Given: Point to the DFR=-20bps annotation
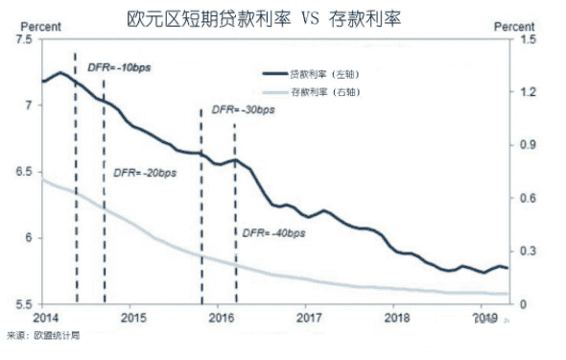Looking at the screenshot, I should coord(145,173).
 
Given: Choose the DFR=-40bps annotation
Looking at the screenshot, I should coord(272,232).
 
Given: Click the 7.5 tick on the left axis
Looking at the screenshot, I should coord(21,39).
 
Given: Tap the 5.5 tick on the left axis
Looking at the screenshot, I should coord(21,303).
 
